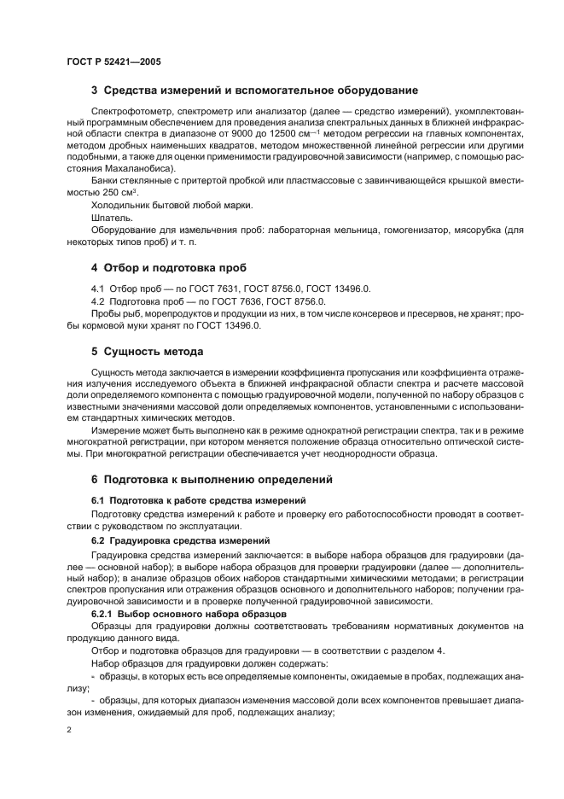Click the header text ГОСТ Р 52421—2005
(x=113, y=61)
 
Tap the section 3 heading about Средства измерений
(x=254, y=90)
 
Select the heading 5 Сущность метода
(x=147, y=351)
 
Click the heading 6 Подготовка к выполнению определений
(x=212, y=479)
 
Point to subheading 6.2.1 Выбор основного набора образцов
(x=188, y=614)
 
